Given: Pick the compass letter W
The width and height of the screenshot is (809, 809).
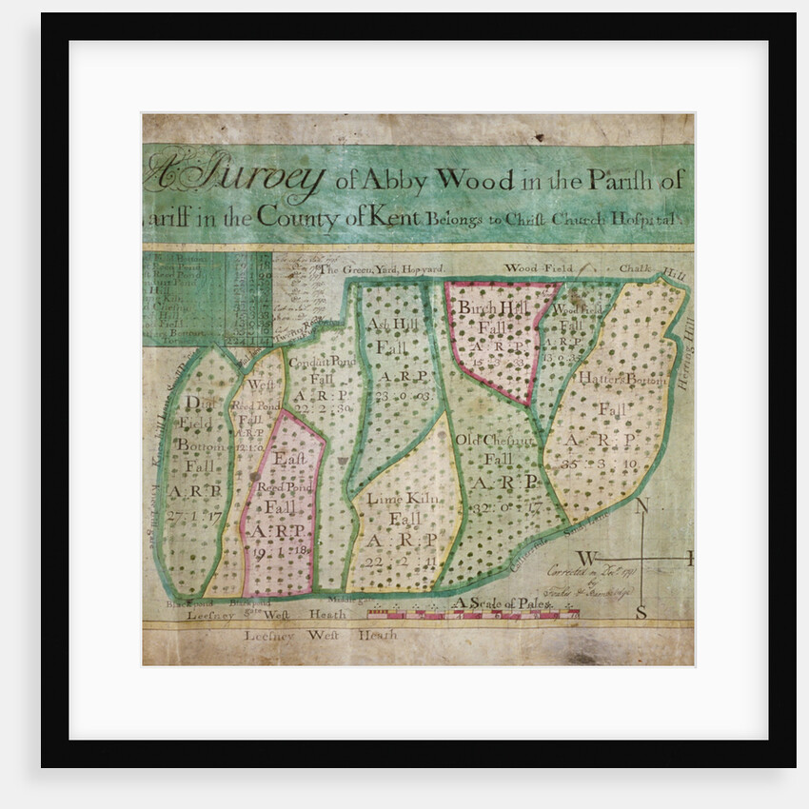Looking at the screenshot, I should (x=587, y=558).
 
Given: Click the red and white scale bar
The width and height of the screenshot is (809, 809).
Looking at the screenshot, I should (x=473, y=616).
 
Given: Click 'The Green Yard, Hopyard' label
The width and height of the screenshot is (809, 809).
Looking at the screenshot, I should (x=381, y=269).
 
